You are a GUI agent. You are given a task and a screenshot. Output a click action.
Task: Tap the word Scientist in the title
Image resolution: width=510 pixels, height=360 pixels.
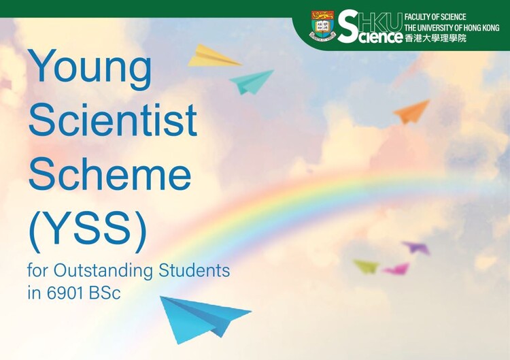point(112,120)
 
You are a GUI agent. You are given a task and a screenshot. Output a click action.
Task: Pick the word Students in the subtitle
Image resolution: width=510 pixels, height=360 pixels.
point(194,270)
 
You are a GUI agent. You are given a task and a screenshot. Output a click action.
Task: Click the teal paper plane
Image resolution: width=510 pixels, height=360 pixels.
point(252,82)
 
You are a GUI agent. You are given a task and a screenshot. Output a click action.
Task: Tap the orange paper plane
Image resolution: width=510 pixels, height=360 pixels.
point(412,112)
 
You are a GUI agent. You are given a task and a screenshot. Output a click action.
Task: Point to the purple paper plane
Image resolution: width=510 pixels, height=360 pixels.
point(416,248)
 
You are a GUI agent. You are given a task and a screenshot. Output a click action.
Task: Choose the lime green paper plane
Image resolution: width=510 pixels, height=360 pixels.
point(367,267)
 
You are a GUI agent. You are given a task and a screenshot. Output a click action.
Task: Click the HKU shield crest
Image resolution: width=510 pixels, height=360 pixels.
point(322,26)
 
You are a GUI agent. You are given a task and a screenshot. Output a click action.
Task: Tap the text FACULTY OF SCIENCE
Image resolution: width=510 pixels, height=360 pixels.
point(435,17)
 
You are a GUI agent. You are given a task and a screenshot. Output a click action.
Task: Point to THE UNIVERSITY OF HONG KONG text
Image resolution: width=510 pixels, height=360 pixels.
point(452,28)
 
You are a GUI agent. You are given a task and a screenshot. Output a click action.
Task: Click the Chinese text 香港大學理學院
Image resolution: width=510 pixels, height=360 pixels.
point(435,38)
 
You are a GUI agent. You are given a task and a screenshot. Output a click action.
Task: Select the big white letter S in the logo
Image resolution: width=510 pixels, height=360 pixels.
point(349,27)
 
